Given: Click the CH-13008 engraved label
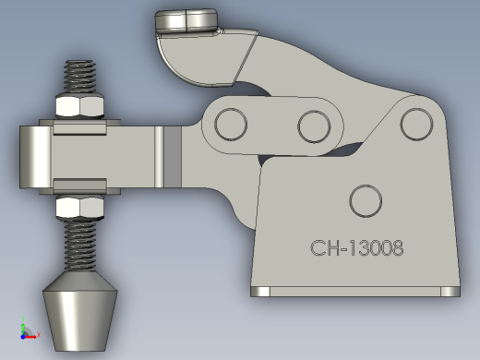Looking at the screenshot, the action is click(356, 248).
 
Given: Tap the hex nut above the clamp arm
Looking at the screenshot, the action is click(79, 105).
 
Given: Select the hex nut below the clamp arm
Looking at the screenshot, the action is click(79, 208).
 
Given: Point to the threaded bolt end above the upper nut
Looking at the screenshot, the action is click(79, 76).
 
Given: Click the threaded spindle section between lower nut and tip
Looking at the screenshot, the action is click(79, 245).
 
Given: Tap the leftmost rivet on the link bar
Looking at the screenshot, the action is click(231, 125).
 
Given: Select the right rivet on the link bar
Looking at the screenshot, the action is click(314, 126).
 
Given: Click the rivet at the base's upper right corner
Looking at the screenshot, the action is click(416, 124).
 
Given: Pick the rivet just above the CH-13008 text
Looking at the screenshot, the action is click(366, 201).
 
